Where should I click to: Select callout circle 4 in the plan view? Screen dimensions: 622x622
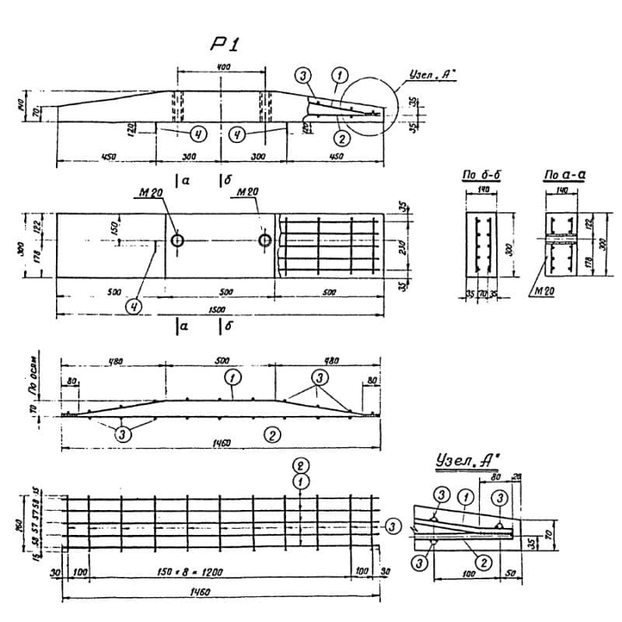point(137,306)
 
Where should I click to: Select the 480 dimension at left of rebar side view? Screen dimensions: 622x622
point(114,361)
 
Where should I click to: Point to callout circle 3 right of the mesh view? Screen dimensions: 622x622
point(396,527)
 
